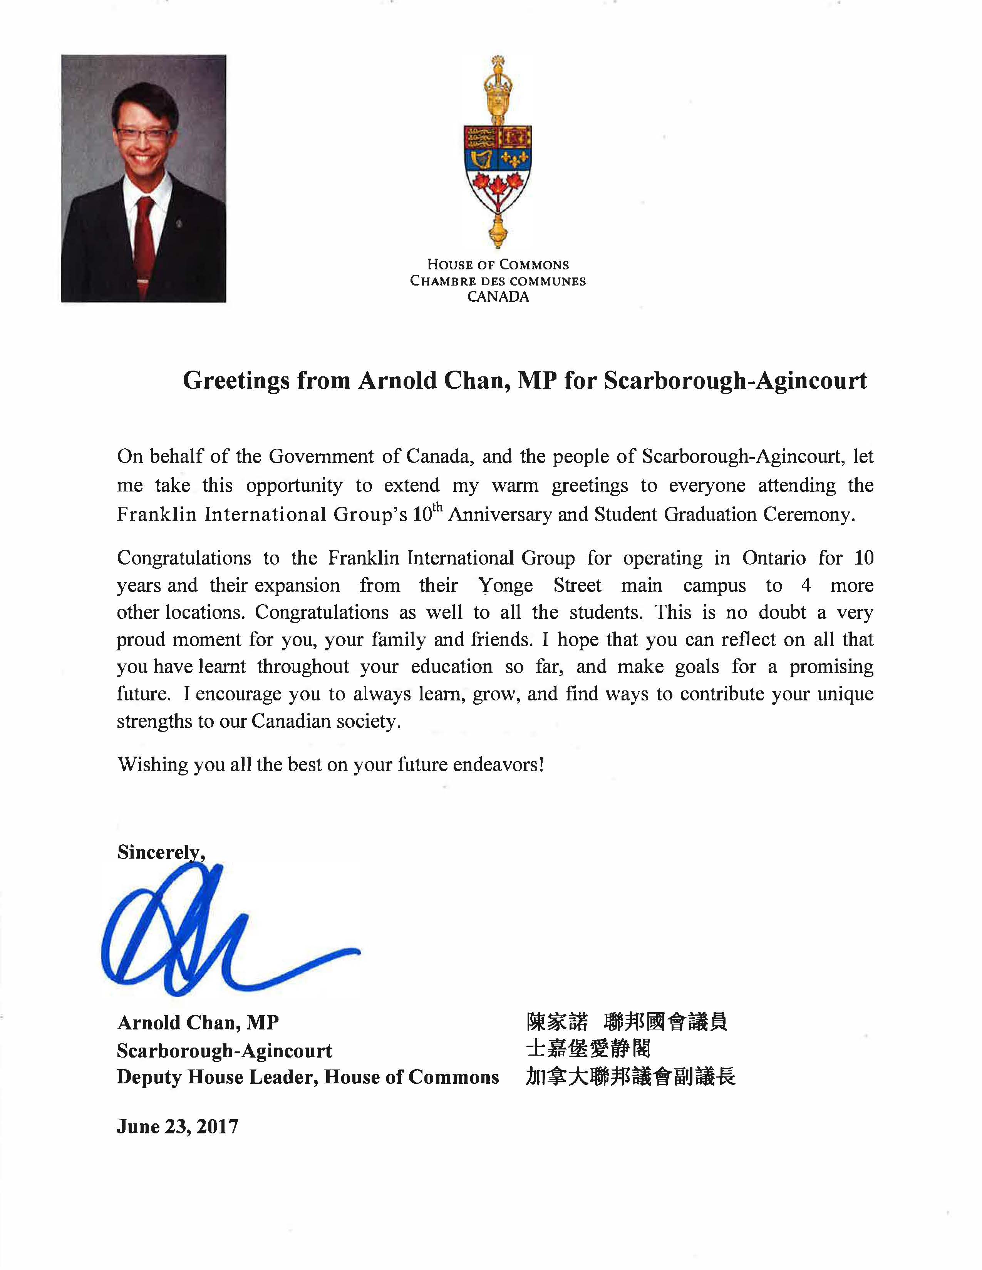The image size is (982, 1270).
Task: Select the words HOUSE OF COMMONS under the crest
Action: tap(498, 265)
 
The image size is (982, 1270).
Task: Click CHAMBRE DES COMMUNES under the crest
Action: tap(498, 281)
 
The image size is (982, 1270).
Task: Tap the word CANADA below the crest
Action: tap(498, 297)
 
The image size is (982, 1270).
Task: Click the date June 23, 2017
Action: tap(178, 1127)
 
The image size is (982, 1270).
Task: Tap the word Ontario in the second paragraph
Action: tap(774, 558)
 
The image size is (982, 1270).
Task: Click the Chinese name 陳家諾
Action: tap(557, 1022)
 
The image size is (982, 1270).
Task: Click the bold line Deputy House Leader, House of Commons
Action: tap(308, 1077)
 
